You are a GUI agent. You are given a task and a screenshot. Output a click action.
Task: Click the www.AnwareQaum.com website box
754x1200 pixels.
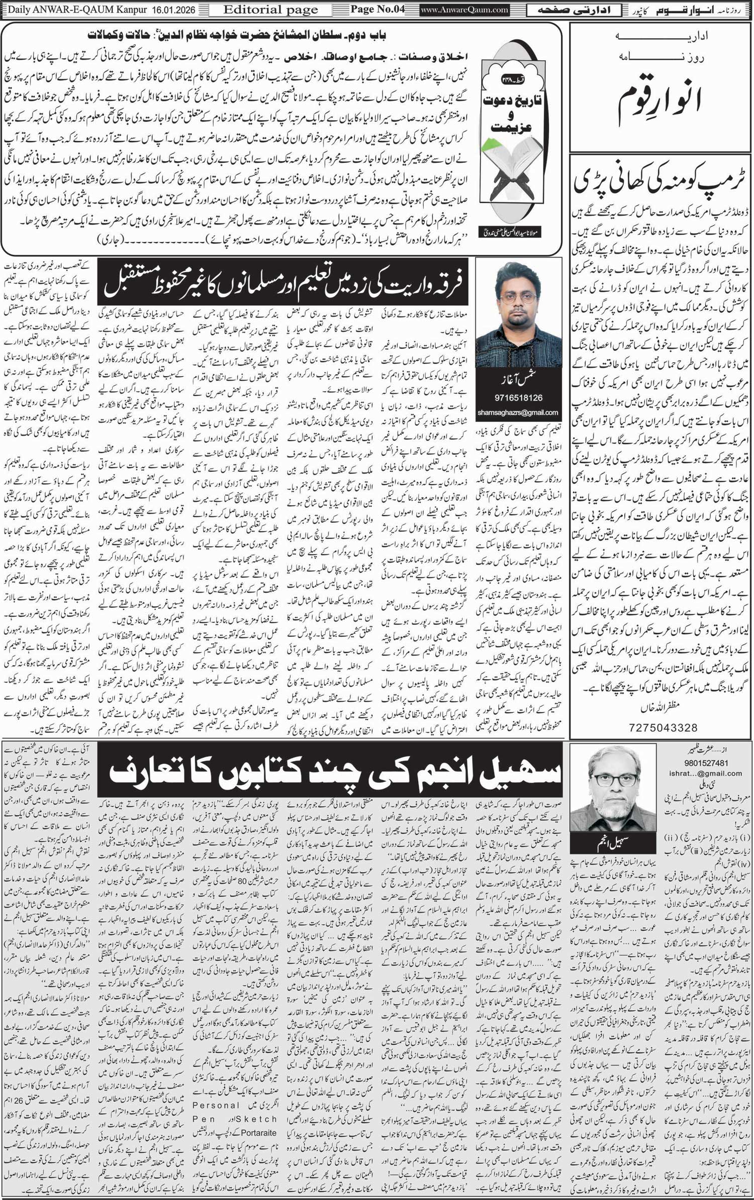point(465,10)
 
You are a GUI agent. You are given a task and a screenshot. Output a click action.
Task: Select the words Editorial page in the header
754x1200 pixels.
point(270,10)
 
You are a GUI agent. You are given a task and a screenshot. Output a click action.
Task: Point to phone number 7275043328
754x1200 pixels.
point(663,727)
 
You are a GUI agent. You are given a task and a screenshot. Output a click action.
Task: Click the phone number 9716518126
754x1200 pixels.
point(518,398)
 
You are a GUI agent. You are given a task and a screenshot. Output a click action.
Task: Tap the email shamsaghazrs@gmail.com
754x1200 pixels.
point(518,412)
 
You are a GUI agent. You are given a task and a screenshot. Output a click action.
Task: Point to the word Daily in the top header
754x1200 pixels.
point(19,10)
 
